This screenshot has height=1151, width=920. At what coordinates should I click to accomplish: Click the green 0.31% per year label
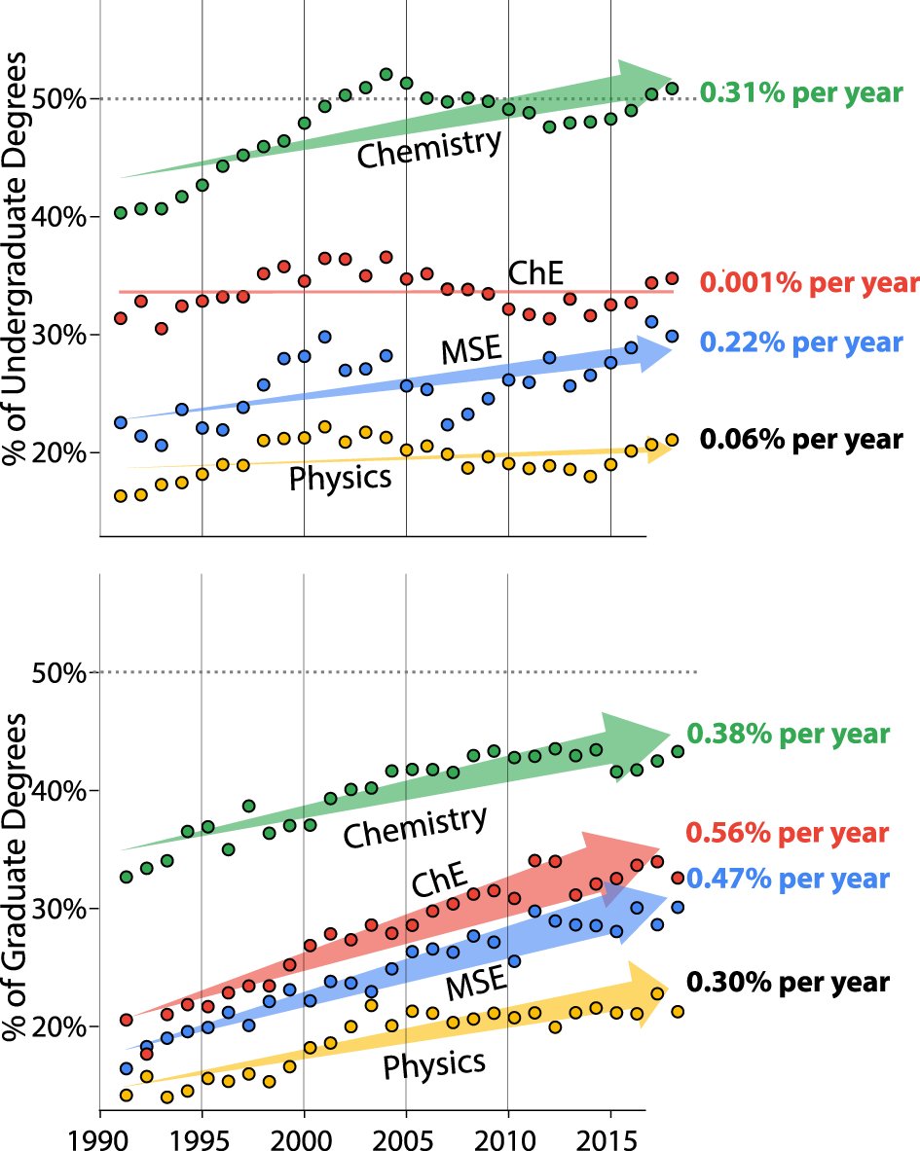801,94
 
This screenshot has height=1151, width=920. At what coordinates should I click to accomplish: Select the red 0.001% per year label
809,283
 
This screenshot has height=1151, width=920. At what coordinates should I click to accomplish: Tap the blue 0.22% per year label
801,342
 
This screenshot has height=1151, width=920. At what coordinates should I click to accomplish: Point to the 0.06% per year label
801,439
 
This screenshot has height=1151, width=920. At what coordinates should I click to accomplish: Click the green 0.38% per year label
788,734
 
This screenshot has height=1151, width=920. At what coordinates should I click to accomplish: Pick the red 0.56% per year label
788,833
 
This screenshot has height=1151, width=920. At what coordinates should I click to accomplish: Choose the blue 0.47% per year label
788,880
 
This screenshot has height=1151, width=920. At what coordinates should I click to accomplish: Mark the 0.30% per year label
788,982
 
